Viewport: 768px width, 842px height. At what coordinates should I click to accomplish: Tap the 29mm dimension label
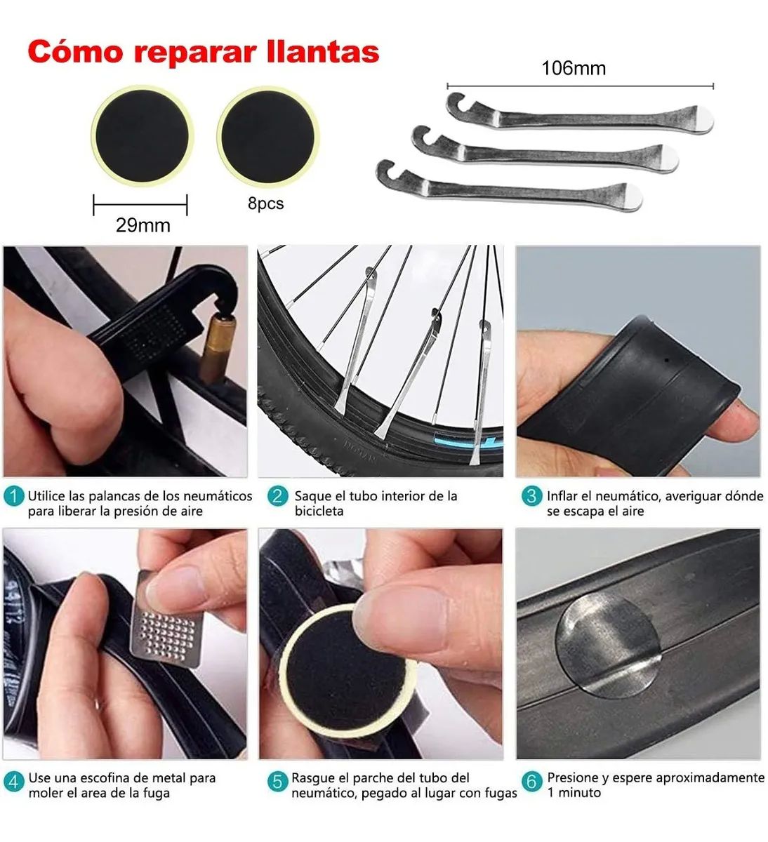[x=143, y=226]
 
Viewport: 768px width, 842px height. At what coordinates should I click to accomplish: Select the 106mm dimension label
[x=573, y=69]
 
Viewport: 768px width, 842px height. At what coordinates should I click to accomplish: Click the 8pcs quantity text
[x=265, y=204]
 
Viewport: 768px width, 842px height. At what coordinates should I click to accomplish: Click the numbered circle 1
[x=13, y=497]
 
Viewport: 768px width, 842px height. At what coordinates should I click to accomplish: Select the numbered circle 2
[x=278, y=497]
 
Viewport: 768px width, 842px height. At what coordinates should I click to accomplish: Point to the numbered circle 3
[x=531, y=497]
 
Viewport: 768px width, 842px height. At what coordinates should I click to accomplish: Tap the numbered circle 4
[x=13, y=781]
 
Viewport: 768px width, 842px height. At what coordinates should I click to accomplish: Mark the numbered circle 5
[x=278, y=781]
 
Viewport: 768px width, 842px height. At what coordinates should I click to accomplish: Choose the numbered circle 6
[x=531, y=781]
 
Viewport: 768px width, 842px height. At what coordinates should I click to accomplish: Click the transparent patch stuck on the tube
[x=609, y=644]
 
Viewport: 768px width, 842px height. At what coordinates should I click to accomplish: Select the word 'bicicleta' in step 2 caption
[x=319, y=512]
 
